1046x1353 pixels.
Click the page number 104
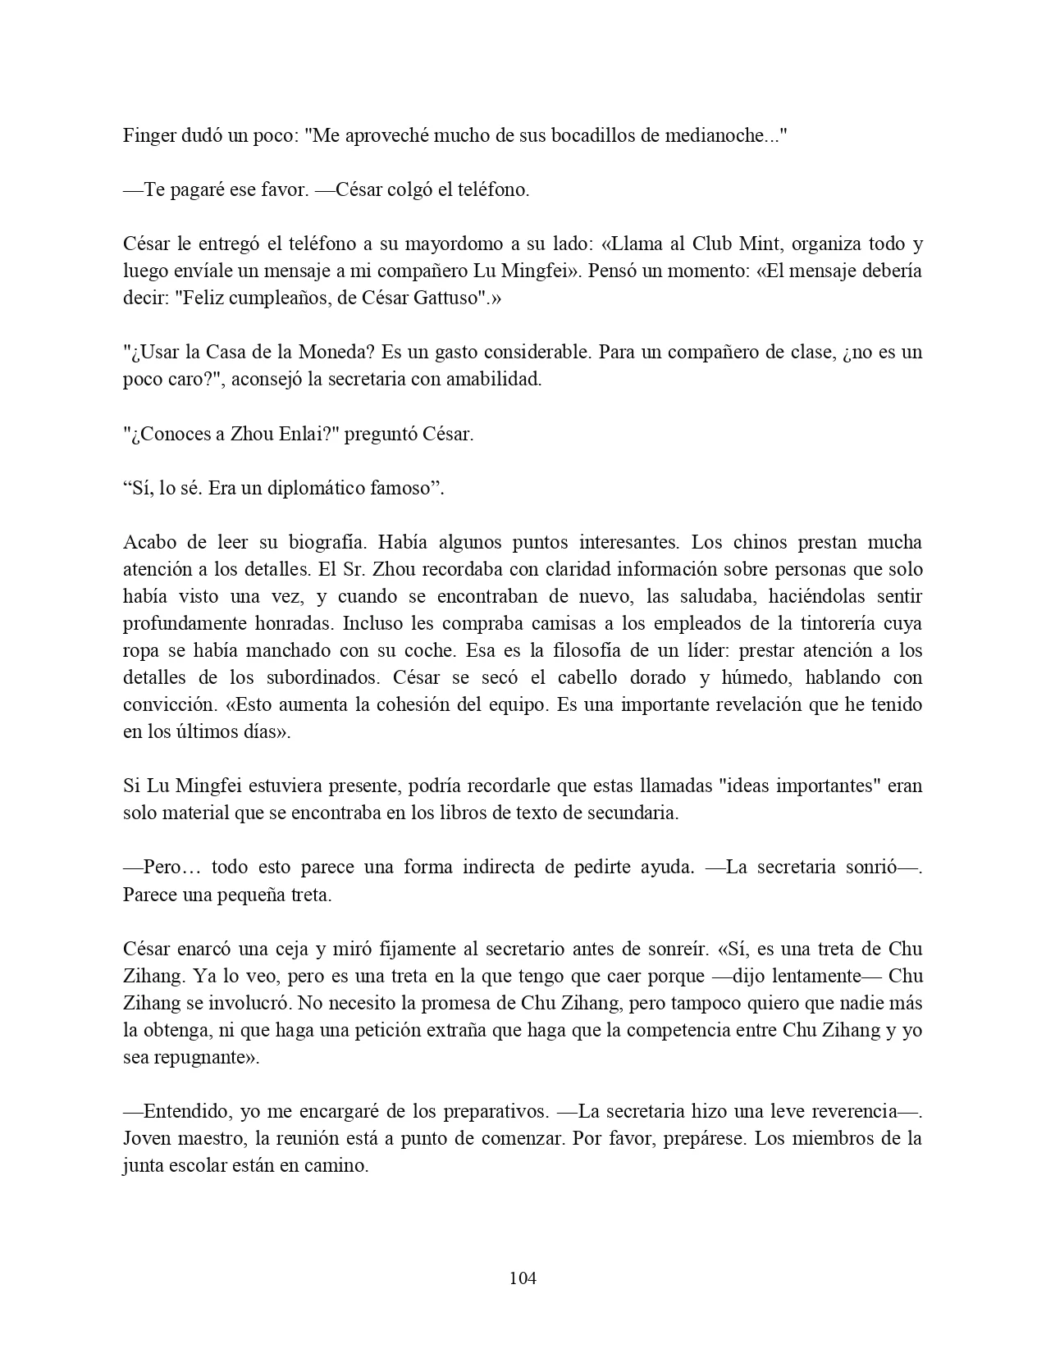click(523, 1278)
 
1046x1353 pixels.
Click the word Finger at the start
click(148, 135)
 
